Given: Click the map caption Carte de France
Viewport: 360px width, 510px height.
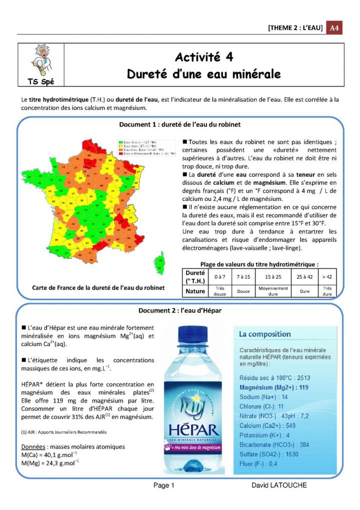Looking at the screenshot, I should coord(98,288).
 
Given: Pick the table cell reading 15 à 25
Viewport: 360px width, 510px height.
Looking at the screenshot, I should coord(273,276).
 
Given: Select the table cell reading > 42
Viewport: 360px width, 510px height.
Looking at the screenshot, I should coord(327,276).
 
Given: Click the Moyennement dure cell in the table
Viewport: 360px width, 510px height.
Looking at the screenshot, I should coord(273,291).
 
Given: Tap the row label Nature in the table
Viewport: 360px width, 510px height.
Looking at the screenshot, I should coord(195,291).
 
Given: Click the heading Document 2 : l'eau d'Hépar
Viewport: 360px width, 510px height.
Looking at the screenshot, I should coord(179,310).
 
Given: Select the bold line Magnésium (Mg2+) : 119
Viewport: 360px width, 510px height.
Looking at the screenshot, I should coord(273,388).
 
